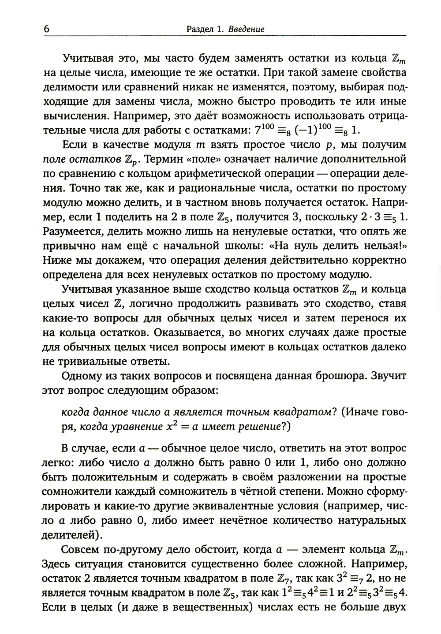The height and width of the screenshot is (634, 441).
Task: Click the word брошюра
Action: click(338, 377)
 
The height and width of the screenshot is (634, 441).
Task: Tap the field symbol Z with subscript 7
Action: click(288, 579)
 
